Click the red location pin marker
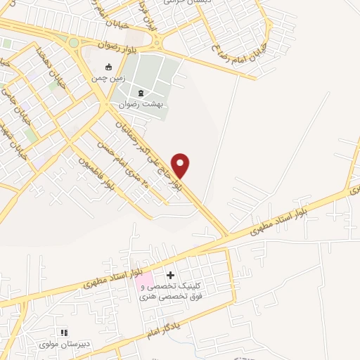181,165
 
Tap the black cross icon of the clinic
171,274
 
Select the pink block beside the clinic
143,282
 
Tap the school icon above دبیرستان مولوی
65,333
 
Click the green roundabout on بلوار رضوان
74,43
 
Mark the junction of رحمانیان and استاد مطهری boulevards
227,235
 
